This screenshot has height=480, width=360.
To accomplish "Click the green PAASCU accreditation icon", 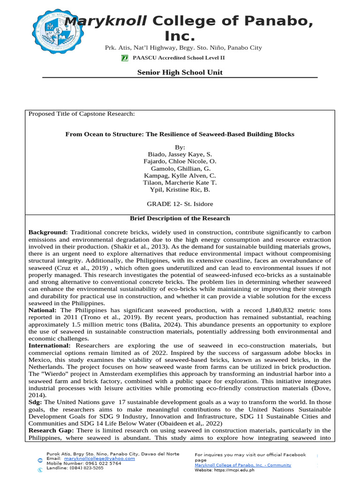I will (125, 58).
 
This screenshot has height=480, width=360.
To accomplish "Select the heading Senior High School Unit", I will (180, 72).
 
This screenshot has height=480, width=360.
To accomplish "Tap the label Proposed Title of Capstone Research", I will (82, 114).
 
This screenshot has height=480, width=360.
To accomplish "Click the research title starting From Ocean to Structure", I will (180, 134).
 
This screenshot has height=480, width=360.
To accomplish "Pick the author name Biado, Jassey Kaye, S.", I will (180, 154).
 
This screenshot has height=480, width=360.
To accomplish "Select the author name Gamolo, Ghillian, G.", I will (180, 168).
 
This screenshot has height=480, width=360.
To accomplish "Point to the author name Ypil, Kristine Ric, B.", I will (180, 189).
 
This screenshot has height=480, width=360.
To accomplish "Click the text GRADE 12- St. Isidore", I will (180, 204).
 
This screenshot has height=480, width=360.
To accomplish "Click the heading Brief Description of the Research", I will (180, 218).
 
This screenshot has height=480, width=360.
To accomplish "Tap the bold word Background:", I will (48, 232).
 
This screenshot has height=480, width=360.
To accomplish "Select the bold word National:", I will (43, 310).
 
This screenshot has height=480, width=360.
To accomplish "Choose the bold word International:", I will (51, 345).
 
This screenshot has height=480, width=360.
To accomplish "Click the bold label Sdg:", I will (36, 402).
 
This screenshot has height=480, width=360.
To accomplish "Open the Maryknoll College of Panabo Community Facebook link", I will (243, 465).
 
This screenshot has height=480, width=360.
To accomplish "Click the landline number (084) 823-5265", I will (87, 468).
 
